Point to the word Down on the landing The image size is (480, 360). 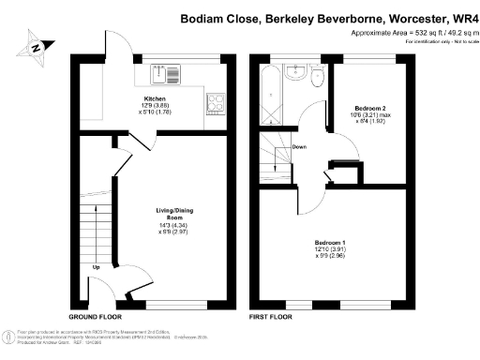pos(299,147)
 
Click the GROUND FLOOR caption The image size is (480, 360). pos(94,318)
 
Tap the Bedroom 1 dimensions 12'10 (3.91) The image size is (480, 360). pos(330,250)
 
